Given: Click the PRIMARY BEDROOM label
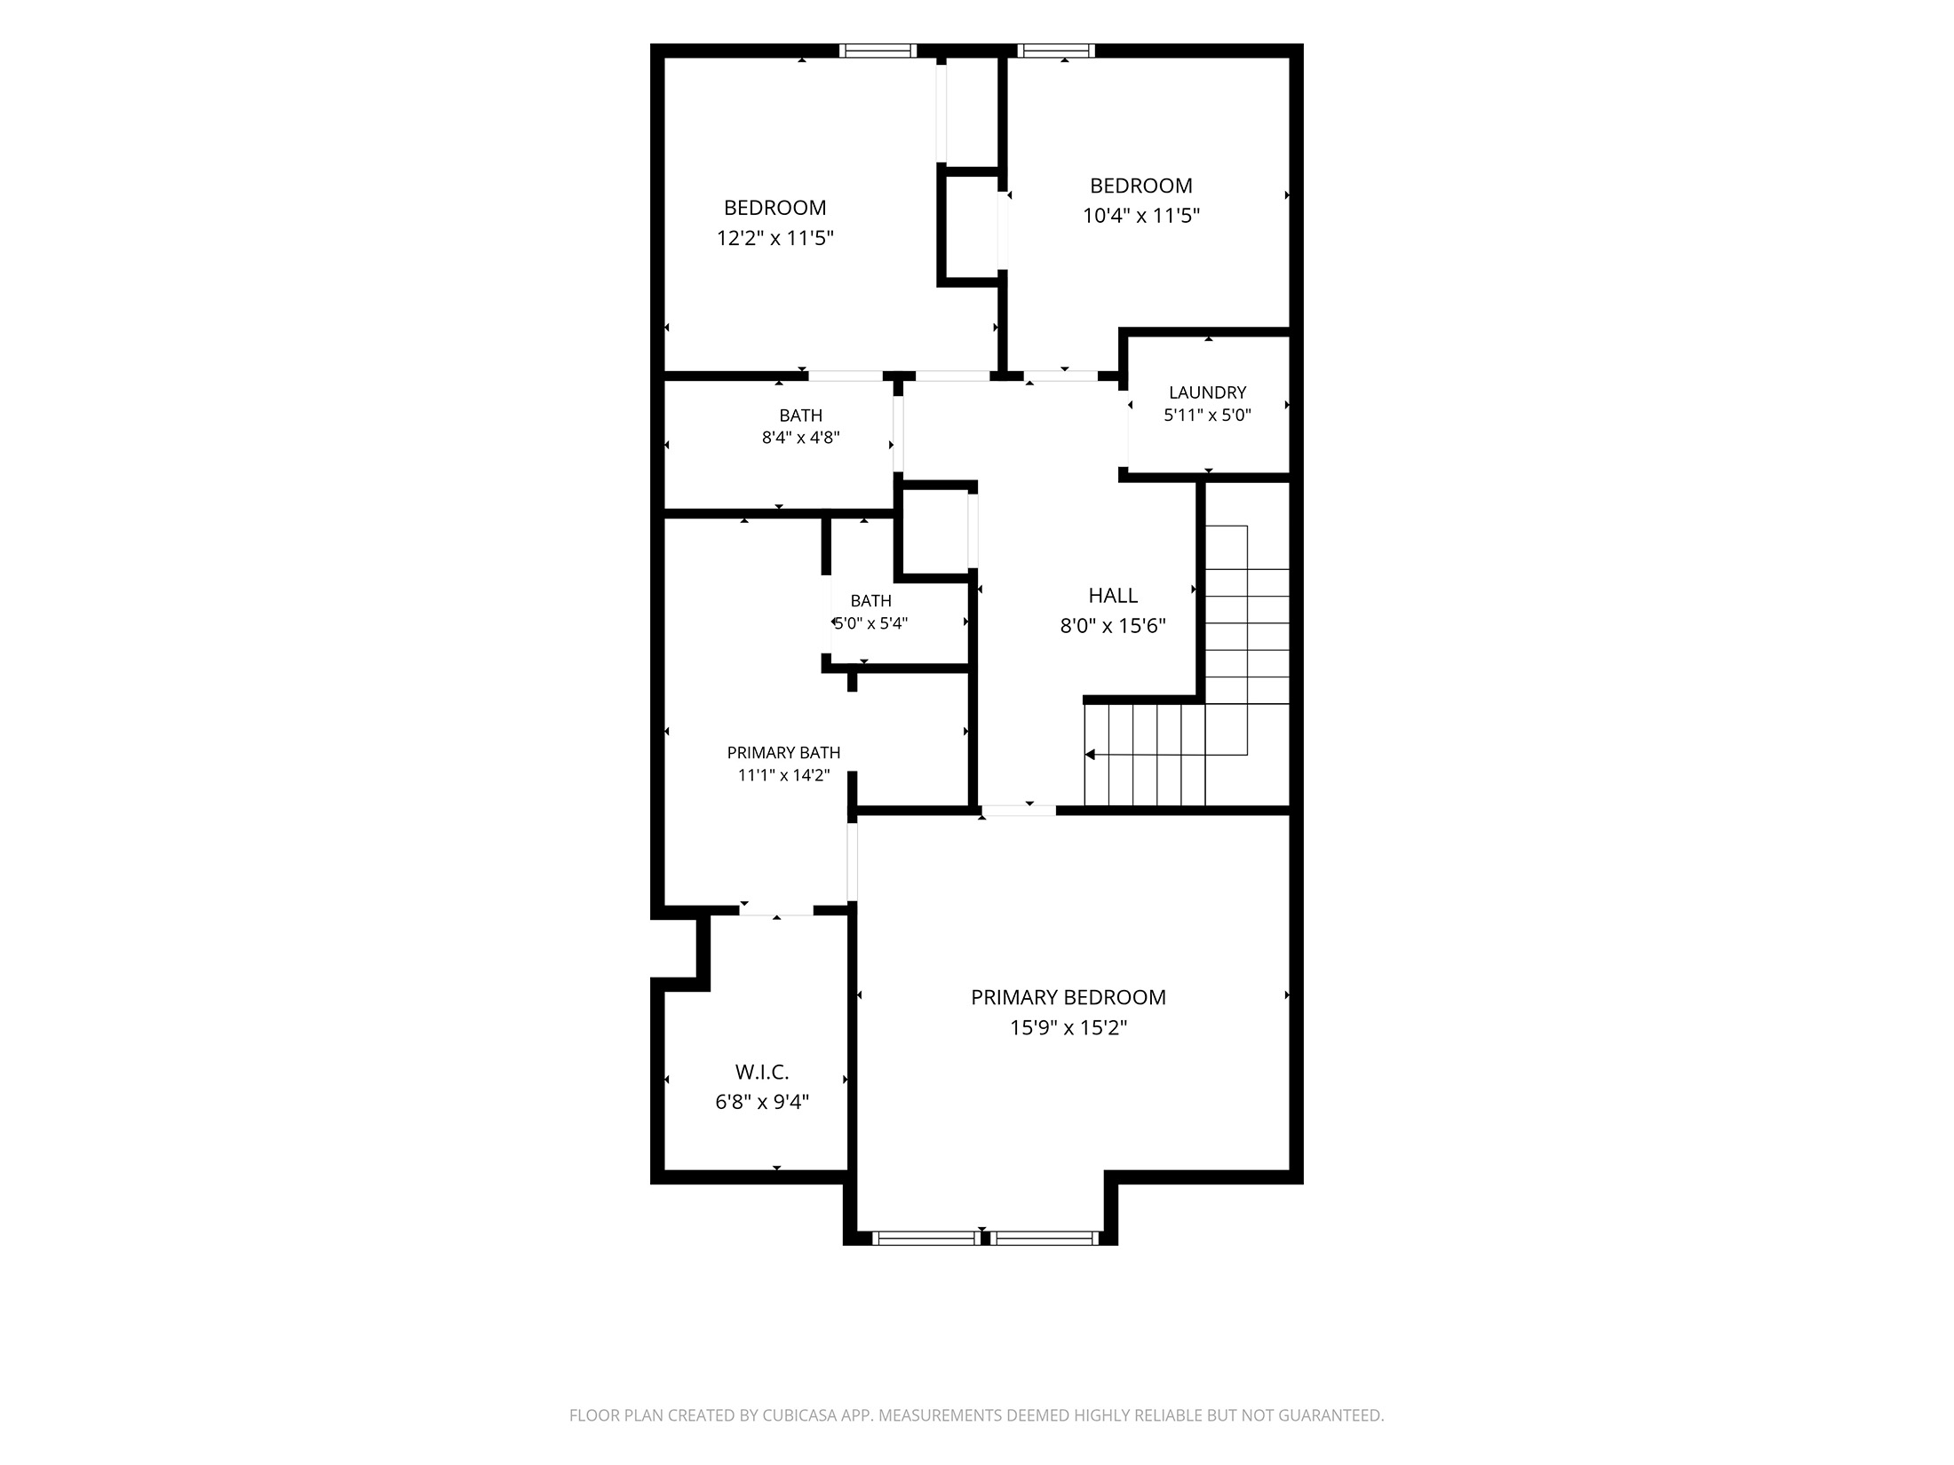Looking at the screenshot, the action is pyautogui.click(x=1068, y=997).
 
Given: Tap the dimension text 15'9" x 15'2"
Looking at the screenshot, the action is pyautogui.click(x=1068, y=1027).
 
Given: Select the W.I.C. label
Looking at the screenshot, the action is pyautogui.click(x=762, y=1073).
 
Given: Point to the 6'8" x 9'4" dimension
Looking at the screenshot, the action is pyautogui.click(x=762, y=1103).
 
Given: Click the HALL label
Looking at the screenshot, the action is pyautogui.click(x=1113, y=596).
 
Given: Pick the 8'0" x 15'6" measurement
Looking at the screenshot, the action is pyautogui.click(x=1113, y=626).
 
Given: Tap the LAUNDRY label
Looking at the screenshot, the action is pyautogui.click(x=1207, y=392).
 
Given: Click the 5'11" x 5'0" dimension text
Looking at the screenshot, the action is pyautogui.click(x=1207, y=415).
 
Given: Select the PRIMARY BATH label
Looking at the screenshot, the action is pyautogui.click(x=783, y=753).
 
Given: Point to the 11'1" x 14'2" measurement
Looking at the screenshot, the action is pyautogui.click(x=783, y=775).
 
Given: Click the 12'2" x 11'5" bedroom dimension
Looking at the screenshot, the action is pyautogui.click(x=774, y=238).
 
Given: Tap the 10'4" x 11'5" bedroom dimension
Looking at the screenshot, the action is pyautogui.click(x=1141, y=216).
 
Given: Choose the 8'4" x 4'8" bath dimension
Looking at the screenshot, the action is pyautogui.click(x=800, y=438).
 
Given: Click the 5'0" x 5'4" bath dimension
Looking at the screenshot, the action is pyautogui.click(x=870, y=623).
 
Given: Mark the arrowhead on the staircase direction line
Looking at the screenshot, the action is pyautogui.click(x=1090, y=755).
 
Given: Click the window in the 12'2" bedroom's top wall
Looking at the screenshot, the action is pyautogui.click(x=878, y=51).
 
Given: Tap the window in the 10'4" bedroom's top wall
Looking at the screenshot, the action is pyautogui.click(x=1056, y=51).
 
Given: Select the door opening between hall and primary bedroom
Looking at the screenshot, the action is pyautogui.click(x=1019, y=810).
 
